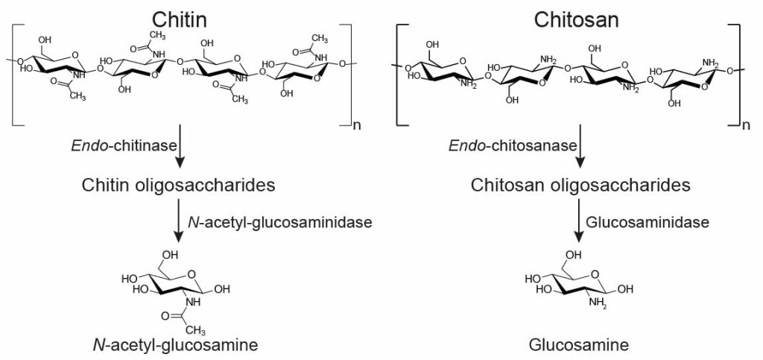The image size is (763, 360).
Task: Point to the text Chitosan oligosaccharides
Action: point(580,184)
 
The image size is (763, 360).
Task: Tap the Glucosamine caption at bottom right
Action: point(579,345)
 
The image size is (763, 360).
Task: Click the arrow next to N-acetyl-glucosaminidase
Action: point(179,224)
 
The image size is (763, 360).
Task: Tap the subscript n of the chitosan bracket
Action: point(746,127)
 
